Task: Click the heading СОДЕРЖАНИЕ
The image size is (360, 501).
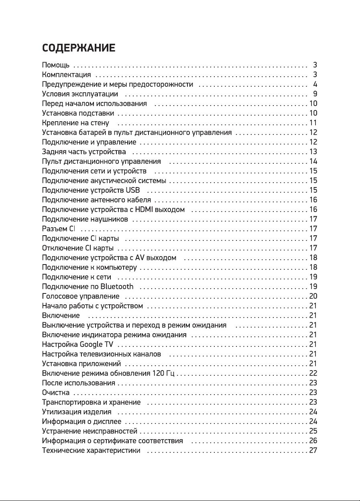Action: tap(79, 49)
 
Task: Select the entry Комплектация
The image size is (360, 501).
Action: tap(67, 75)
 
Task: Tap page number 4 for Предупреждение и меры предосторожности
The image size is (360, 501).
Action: tap(315, 84)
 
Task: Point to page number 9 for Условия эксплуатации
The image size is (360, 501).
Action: tap(315, 94)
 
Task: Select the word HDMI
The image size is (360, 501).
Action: tap(143, 210)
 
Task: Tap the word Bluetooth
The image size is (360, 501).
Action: tap(117, 287)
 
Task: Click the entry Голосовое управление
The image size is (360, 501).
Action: tap(81, 296)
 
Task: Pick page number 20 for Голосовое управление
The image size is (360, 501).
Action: tap(313, 296)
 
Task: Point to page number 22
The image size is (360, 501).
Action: tap(313, 373)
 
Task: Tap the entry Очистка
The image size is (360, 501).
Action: tap(56, 393)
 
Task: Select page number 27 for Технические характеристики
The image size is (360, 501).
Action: tap(313, 450)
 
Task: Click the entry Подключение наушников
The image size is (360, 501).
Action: tap(85, 219)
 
